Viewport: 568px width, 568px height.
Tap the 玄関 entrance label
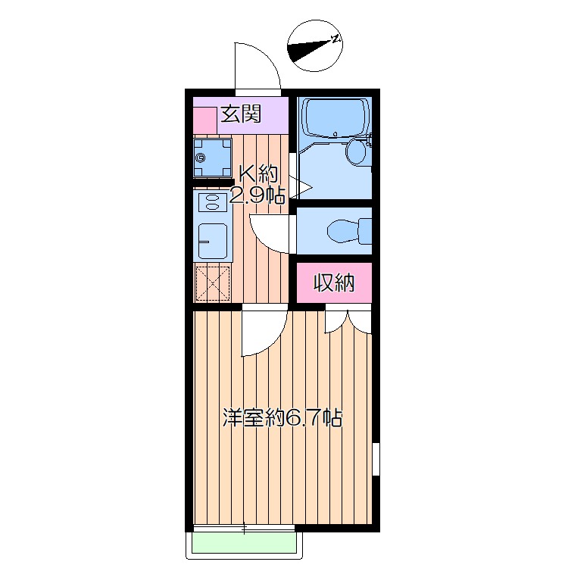point(241,115)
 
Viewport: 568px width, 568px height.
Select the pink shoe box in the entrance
point(204,120)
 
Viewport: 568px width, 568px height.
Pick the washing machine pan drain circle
point(201,158)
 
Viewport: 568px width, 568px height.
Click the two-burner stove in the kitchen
point(211,202)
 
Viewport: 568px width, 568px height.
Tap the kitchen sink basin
point(212,240)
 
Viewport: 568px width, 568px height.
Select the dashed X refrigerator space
point(213,283)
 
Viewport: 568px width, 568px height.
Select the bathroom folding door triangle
point(303,186)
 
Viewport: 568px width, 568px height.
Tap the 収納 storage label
point(334,283)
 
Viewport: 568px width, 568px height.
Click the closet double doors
point(348,322)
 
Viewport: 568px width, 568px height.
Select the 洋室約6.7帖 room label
point(282,417)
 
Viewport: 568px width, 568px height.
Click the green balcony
point(244,541)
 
